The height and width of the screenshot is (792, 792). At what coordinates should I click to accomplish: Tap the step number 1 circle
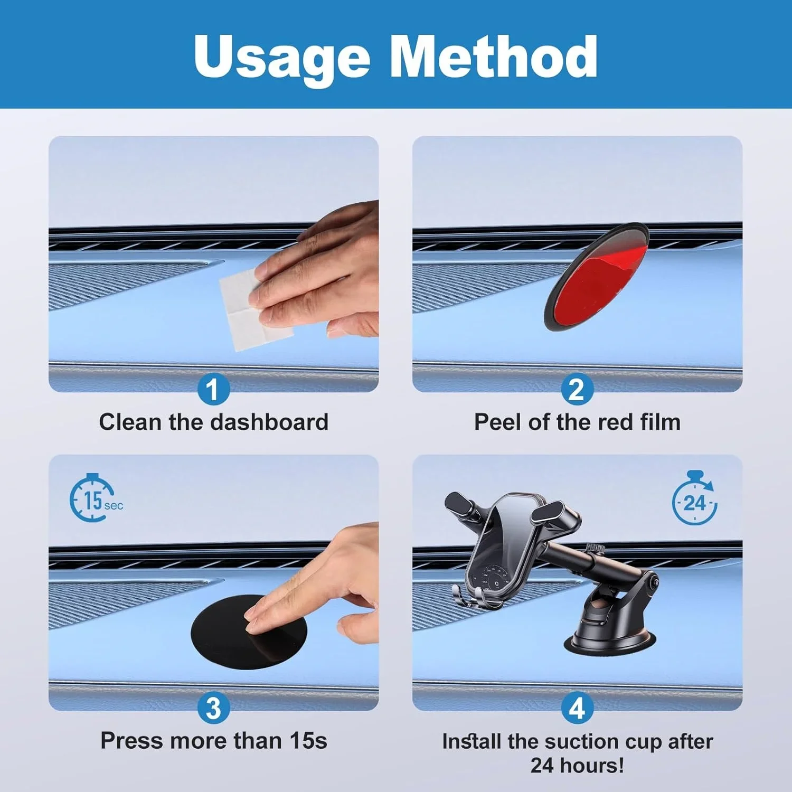click(213, 390)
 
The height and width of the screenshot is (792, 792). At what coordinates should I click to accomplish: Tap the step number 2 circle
click(577, 390)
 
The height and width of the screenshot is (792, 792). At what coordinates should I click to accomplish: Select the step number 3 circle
click(213, 708)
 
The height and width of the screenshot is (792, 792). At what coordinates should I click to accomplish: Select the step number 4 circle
click(577, 708)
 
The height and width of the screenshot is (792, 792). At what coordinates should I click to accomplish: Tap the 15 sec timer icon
click(95, 499)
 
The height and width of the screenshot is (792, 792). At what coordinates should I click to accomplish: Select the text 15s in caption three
click(308, 741)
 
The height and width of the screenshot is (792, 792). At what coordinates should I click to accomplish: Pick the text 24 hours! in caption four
click(577, 765)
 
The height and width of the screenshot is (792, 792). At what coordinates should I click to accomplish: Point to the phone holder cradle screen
click(502, 549)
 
